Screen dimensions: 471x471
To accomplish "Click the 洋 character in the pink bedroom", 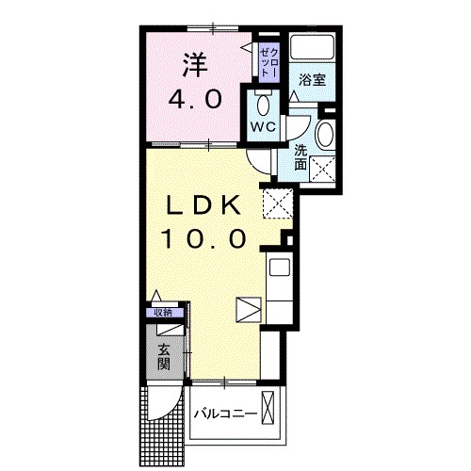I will click(194, 65).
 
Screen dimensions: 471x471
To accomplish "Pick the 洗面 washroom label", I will click(300, 156).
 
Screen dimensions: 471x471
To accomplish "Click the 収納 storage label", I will click(164, 313).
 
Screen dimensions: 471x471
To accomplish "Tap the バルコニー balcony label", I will click(226, 414).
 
